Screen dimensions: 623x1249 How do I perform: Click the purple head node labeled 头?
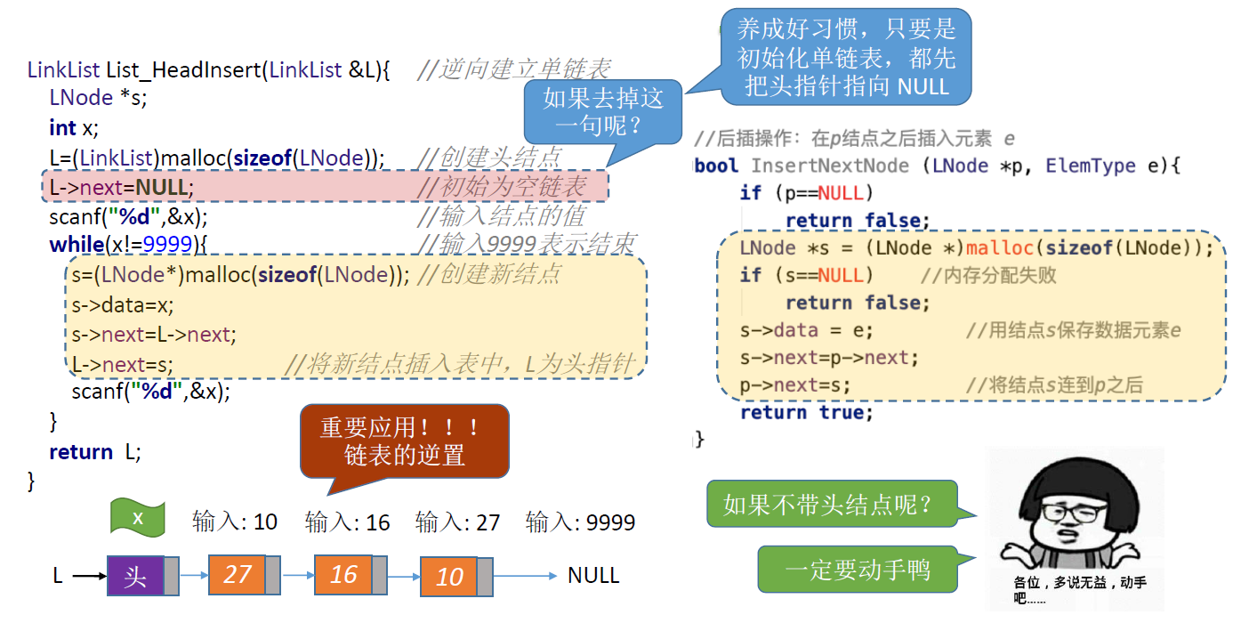coord(135,576)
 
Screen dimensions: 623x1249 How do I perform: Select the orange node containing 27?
coord(238,574)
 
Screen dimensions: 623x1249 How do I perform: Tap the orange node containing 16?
coord(343,574)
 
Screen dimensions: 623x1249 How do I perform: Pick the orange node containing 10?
coord(449,577)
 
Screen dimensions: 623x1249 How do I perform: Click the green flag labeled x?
coord(138,518)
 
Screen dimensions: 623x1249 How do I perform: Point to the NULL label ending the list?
coord(593,575)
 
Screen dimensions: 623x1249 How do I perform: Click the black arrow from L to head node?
coord(88,577)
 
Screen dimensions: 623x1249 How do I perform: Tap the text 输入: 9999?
coord(580,522)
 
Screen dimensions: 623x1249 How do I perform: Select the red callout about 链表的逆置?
coord(405,441)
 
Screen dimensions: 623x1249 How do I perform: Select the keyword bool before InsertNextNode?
coord(717,166)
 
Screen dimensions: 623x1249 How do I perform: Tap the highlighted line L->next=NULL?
coord(121,187)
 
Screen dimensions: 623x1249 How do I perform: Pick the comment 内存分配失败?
coord(988,275)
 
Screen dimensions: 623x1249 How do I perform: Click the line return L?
coord(94,451)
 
